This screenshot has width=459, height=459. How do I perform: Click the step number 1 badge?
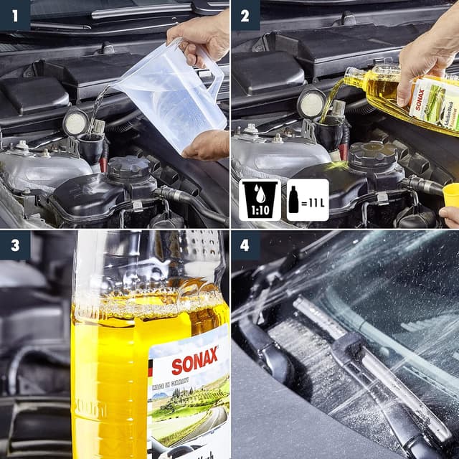[x=15, y=14]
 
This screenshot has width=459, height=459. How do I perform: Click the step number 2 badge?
[x=245, y=14]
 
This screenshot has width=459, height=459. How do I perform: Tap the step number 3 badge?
[x=15, y=245]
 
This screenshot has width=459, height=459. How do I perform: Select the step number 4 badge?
[x=245, y=245]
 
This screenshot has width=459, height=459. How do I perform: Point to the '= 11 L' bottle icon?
[x=306, y=199]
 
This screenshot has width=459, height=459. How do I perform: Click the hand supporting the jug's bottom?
[x=207, y=144]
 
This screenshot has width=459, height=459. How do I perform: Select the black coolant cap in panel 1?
[x=128, y=169]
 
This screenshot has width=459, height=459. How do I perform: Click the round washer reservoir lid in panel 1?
[x=75, y=123]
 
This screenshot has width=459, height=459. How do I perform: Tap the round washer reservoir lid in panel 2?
[x=311, y=105]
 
